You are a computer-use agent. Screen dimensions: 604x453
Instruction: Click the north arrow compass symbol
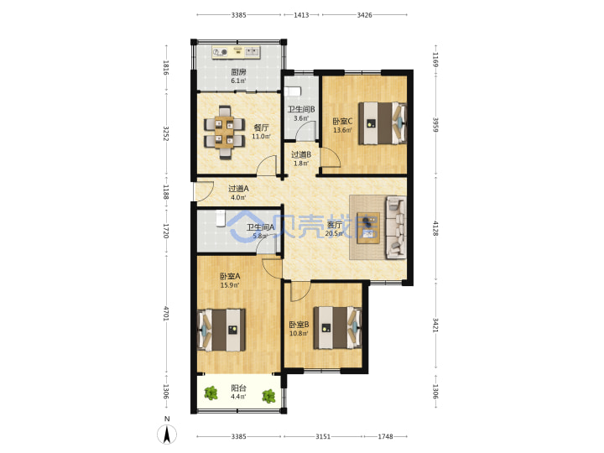(167, 435)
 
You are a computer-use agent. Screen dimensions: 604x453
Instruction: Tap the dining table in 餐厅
(224, 133)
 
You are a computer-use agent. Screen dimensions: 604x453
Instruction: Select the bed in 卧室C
(383, 122)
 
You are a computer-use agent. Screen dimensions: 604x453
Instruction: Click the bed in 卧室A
(221, 330)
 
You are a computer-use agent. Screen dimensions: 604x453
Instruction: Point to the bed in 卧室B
(338, 328)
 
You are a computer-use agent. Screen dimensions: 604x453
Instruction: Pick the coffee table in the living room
(368, 227)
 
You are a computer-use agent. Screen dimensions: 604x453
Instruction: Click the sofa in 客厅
(396, 227)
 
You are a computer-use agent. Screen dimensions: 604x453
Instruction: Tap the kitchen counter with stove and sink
(236, 52)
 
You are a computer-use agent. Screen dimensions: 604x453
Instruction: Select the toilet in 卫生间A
(221, 218)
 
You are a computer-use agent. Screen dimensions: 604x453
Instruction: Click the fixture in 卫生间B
(292, 91)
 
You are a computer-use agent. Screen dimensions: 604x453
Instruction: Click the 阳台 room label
(238, 388)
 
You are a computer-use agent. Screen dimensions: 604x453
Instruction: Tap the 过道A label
(238, 189)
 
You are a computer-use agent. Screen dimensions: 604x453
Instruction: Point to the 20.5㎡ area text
(334, 233)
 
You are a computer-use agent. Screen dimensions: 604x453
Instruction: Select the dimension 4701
(166, 314)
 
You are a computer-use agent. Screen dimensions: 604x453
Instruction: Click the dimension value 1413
(301, 15)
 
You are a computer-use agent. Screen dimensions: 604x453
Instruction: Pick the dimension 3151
(323, 436)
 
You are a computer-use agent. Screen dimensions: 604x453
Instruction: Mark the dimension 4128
(435, 228)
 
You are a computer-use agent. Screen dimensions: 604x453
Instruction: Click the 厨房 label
(238, 72)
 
